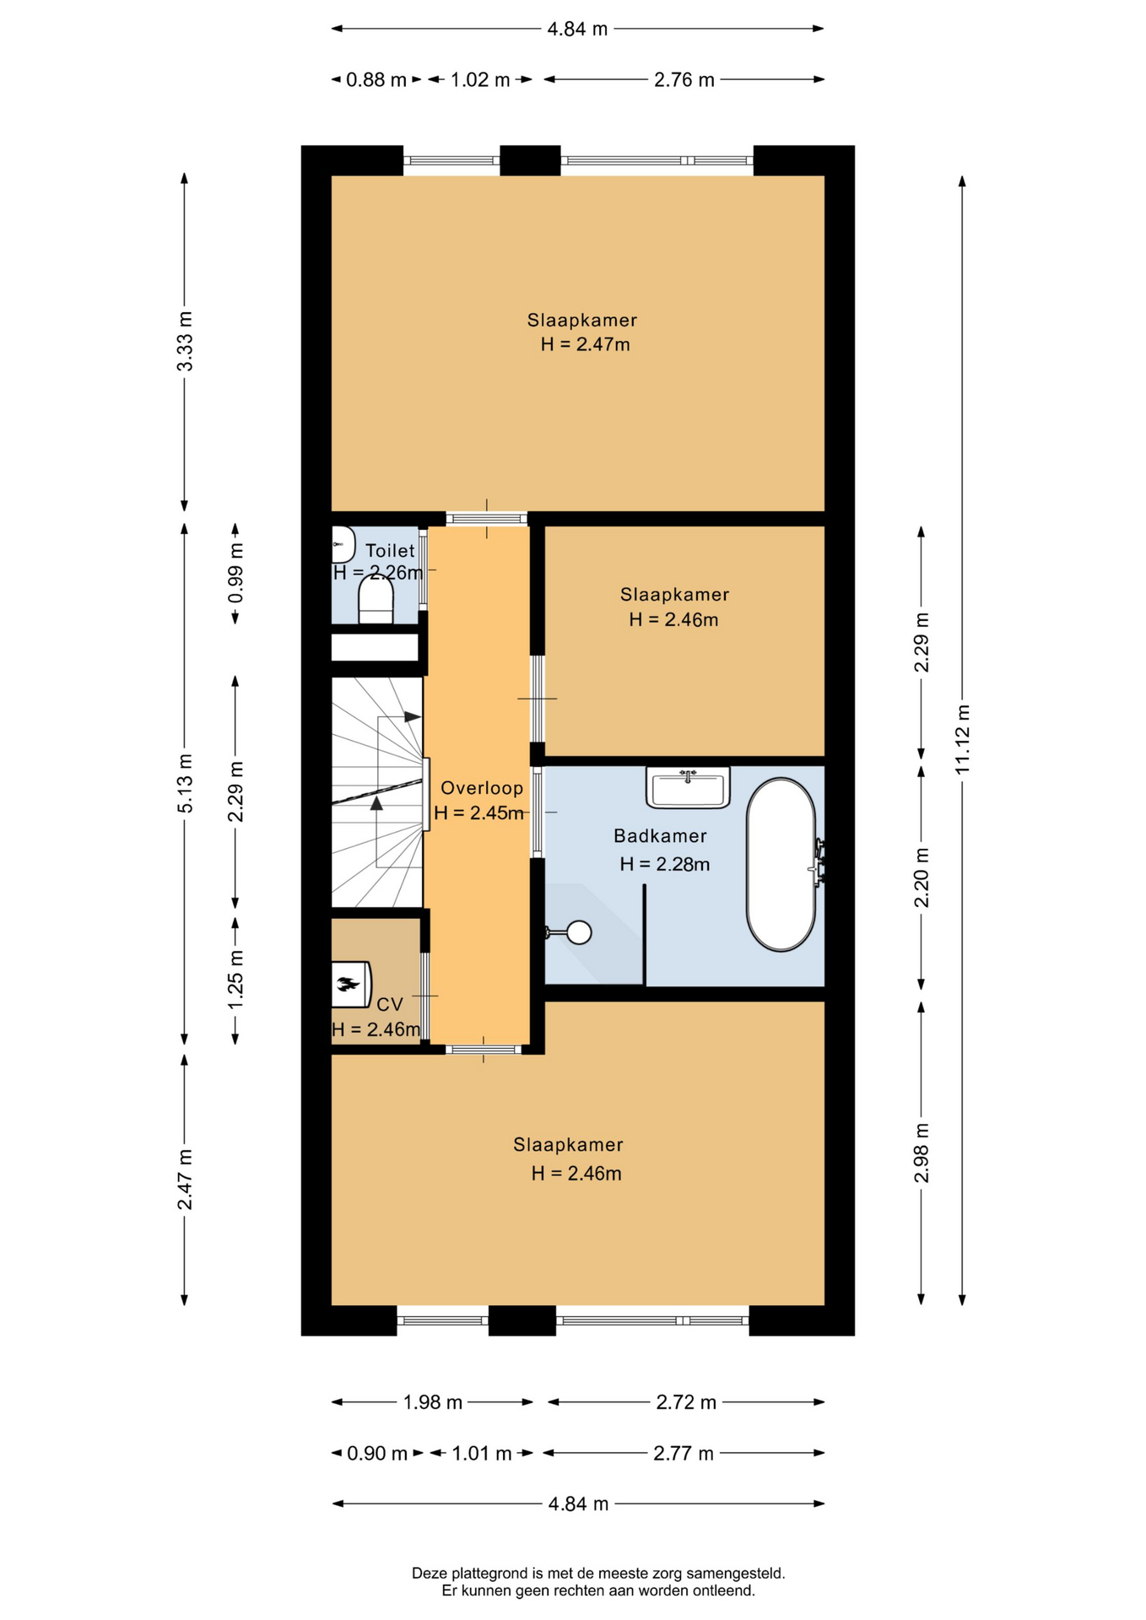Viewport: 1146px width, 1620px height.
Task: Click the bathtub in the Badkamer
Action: click(781, 864)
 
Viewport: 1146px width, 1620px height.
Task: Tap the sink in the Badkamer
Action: click(688, 787)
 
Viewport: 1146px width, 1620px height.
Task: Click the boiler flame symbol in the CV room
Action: click(349, 984)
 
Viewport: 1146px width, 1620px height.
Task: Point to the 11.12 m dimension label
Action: click(963, 738)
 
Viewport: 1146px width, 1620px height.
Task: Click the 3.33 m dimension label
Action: click(185, 341)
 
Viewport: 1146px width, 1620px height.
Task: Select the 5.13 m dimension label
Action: click(185, 784)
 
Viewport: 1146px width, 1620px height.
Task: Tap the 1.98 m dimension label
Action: click(433, 1402)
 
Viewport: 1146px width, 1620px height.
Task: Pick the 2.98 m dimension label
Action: click(922, 1153)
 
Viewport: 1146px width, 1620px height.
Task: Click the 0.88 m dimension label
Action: click(376, 80)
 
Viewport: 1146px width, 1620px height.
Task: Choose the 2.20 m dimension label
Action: click(922, 877)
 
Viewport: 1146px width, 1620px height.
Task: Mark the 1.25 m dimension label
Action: click(236, 979)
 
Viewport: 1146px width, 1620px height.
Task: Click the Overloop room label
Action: click(482, 788)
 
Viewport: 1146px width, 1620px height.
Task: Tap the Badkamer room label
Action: click(660, 836)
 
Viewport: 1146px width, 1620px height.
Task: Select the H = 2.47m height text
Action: click(586, 344)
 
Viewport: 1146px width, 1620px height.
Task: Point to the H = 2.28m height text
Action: click(665, 864)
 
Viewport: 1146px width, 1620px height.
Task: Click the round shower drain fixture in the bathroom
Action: click(579, 932)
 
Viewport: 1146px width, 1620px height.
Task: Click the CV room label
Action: click(390, 1005)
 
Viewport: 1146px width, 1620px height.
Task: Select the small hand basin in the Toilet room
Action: click(342, 545)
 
